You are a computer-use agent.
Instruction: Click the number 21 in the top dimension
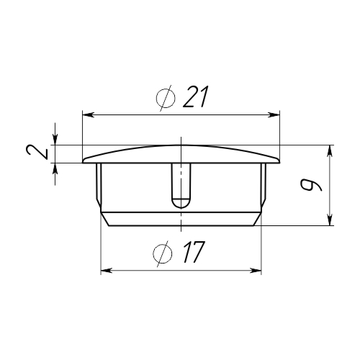194,96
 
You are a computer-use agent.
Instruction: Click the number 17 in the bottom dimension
194,252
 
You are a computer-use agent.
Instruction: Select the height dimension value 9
311,185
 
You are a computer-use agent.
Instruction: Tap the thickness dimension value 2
37,153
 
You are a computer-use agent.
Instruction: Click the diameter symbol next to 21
166,98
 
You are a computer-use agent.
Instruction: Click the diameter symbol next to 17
163,253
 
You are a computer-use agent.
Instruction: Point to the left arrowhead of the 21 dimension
88,115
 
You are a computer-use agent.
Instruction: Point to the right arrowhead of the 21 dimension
274,115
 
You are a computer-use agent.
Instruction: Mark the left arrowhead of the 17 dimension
107,271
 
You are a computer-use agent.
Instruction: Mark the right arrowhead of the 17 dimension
256,271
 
